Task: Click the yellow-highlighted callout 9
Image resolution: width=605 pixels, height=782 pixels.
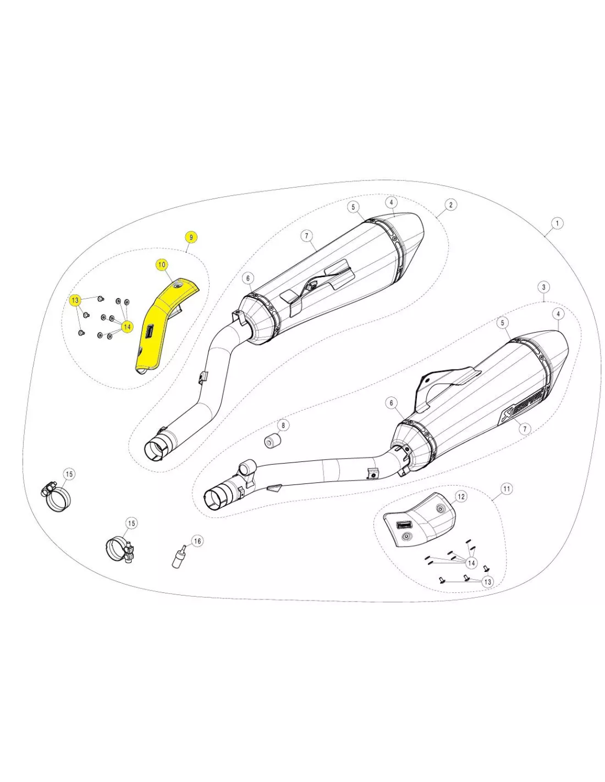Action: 191,237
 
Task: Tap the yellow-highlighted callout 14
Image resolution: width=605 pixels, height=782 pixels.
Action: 127,327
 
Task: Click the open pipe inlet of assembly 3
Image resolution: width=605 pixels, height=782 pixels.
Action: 215,499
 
